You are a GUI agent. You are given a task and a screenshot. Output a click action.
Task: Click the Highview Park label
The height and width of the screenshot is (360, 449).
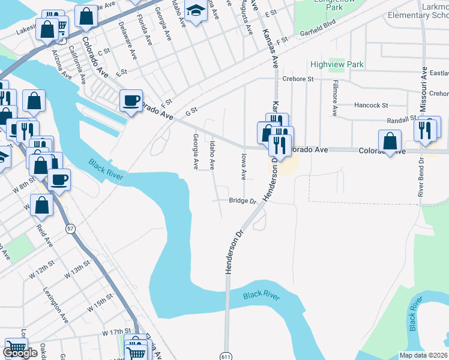tap(337, 64)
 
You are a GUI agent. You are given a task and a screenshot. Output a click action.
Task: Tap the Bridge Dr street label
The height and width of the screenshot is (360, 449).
tap(243, 202)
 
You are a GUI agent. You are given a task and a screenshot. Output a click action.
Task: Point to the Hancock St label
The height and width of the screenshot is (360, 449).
tap(371, 106)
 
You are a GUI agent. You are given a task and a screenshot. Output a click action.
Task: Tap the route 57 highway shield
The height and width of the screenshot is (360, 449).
tap(71, 229)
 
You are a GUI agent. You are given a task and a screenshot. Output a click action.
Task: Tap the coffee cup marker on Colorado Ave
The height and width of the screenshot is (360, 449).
tap(130, 100)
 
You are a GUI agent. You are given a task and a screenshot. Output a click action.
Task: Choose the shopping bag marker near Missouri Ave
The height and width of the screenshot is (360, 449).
tap(390, 142)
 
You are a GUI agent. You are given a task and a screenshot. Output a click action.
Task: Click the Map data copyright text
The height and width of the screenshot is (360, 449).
tap(423, 355)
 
